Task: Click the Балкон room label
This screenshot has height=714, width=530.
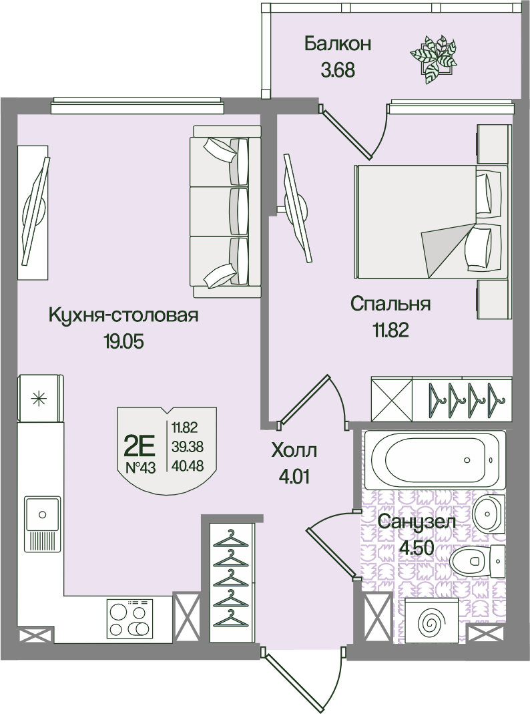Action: tap(338, 43)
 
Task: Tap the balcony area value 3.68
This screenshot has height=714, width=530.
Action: tap(338, 71)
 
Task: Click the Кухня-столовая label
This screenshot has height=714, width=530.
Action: tap(123, 315)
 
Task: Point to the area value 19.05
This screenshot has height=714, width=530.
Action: tap(123, 341)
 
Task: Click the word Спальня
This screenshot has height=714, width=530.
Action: tap(390, 304)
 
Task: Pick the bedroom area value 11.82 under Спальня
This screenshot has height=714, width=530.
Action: tap(390, 330)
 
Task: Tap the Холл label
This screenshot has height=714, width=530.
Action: tap(294, 452)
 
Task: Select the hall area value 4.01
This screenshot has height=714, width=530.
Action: tap(294, 478)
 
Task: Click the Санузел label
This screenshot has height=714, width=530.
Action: tap(417, 522)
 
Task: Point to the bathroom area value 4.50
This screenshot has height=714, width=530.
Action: tap(417, 548)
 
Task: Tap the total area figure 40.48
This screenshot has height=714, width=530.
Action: tap(188, 466)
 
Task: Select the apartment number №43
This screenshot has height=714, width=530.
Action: tap(140, 468)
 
